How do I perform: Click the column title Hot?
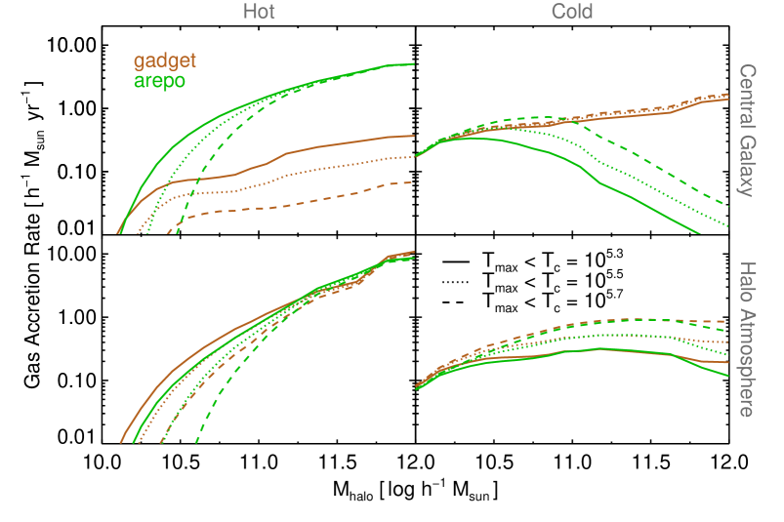[259, 12]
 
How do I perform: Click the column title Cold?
[572, 12]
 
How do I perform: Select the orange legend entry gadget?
[165, 60]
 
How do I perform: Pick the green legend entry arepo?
[160, 80]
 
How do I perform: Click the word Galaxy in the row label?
[747, 163]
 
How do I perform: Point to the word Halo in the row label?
[747, 283]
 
